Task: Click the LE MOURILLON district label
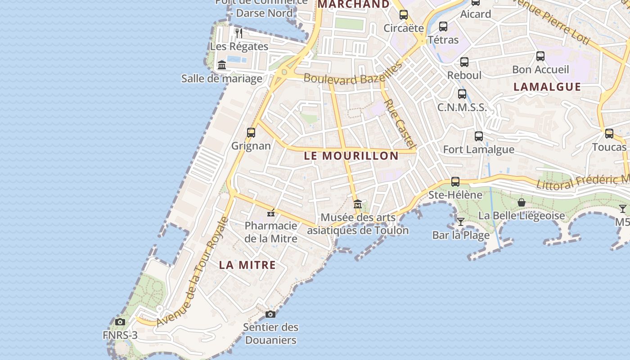pyautogui.click(x=351, y=156)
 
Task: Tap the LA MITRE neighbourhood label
pyautogui.click(x=247, y=265)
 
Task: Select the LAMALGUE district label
pyautogui.click(x=547, y=87)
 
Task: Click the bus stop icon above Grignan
pyautogui.click(x=251, y=133)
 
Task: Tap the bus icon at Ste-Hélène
pyautogui.click(x=455, y=182)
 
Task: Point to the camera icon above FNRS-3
pyautogui.click(x=120, y=322)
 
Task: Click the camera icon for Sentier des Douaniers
pyautogui.click(x=270, y=314)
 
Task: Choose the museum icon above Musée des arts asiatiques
pyautogui.click(x=358, y=204)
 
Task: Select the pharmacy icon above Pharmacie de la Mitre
pyautogui.click(x=271, y=213)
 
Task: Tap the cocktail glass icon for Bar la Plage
pyautogui.click(x=460, y=221)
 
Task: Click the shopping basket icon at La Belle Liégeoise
pyautogui.click(x=522, y=203)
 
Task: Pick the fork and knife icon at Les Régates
pyautogui.click(x=239, y=33)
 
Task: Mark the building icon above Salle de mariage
pyautogui.click(x=221, y=66)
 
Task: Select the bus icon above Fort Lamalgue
pyautogui.click(x=479, y=136)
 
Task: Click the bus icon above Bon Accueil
pyautogui.click(x=540, y=56)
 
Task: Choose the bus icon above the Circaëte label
pyautogui.click(x=404, y=15)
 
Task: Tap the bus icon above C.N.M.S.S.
pyautogui.click(x=462, y=94)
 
